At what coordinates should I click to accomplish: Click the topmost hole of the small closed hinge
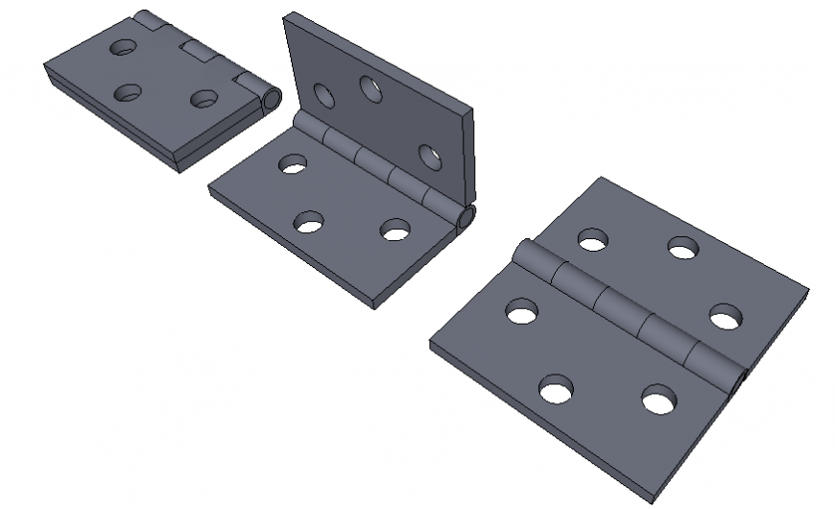point(123,46)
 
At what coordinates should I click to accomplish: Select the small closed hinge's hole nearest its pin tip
point(203,99)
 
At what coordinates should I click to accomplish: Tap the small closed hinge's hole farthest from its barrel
point(127,93)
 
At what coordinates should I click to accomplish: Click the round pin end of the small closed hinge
point(273,99)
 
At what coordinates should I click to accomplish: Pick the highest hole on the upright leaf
point(371,88)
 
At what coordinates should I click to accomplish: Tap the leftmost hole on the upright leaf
point(323,96)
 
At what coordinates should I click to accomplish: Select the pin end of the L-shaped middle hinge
point(466,221)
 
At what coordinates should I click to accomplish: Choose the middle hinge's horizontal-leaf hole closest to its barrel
point(293,164)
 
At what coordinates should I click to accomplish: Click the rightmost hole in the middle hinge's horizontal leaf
point(394,230)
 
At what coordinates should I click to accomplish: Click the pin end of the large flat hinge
point(740,383)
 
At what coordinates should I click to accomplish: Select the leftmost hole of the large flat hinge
point(521,311)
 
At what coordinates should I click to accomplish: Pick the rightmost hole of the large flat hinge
point(725,317)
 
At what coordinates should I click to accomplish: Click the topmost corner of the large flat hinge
point(601,179)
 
